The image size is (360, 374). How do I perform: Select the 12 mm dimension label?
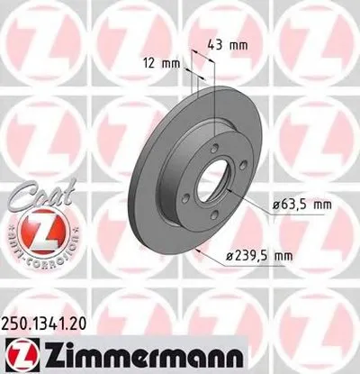[159, 61]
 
